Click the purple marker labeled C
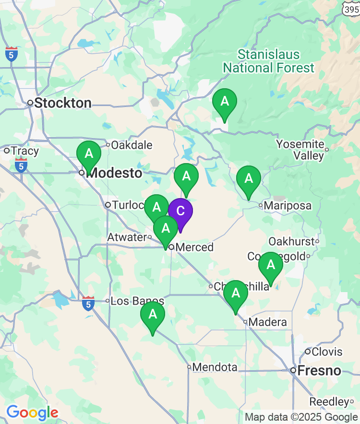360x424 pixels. point(180,211)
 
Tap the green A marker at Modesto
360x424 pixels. point(89,154)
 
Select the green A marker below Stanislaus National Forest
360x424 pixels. point(225,102)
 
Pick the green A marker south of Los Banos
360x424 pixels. point(153,315)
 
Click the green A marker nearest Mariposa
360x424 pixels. point(249,179)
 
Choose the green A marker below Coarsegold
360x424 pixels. point(271,265)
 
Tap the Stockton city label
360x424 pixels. point(62,103)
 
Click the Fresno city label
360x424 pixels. point(319,370)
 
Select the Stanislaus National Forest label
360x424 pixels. point(269,61)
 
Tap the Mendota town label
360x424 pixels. point(215,367)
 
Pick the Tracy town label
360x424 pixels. point(24,151)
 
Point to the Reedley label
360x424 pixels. point(328,401)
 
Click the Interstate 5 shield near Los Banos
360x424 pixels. point(88,303)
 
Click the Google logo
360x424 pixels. point(32,412)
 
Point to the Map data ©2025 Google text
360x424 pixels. point(301,417)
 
